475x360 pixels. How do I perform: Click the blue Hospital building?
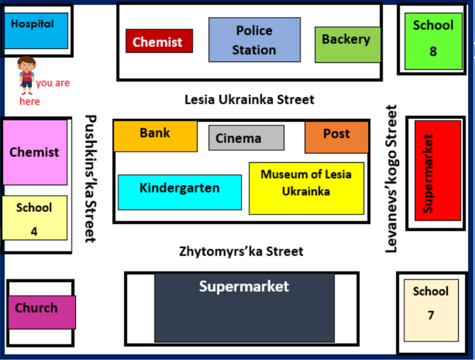[36, 30]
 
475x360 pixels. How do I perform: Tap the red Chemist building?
[160, 41]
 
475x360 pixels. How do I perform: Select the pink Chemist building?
[35, 152]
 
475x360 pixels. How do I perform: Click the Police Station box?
[255, 40]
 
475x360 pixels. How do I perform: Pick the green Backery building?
[348, 45]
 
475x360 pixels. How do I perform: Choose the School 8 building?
[433, 41]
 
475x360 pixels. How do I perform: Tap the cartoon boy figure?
[27, 75]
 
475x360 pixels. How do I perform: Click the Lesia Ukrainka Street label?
[250, 100]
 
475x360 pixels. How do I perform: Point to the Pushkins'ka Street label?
[90, 179]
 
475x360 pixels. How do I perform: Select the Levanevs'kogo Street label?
[391, 179]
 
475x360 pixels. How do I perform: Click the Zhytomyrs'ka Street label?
[241, 252]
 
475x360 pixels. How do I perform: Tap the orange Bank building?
[155, 136]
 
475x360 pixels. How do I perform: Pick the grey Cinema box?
[246, 137]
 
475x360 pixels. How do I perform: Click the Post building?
[337, 137]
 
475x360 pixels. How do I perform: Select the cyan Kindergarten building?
[179, 192]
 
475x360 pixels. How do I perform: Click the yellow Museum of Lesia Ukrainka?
[306, 189]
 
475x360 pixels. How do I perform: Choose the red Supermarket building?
[437, 171]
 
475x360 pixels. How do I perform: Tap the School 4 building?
[35, 218]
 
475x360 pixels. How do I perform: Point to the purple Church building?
[42, 312]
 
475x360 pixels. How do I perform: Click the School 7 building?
[431, 310]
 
